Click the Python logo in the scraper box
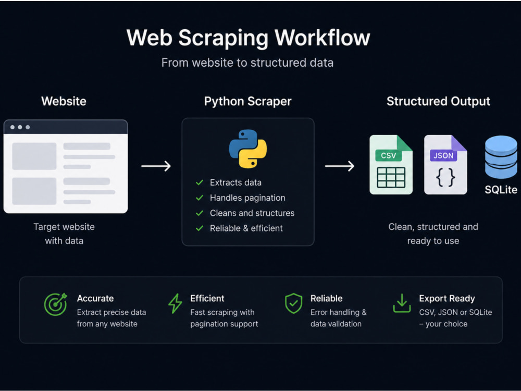point(248,149)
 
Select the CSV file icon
point(391,165)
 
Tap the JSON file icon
point(445,165)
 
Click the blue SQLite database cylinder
point(501,157)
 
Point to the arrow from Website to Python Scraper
point(156,166)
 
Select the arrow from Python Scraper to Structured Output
point(340,166)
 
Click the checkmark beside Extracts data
point(200,182)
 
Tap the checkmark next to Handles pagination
point(200,198)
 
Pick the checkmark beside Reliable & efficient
point(200,228)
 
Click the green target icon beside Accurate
point(56,304)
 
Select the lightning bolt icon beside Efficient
point(175,303)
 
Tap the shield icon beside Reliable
point(294,303)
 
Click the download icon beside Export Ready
point(402,303)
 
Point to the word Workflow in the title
point(322,38)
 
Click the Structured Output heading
point(438,101)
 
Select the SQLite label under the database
point(501,190)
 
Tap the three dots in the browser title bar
point(20,127)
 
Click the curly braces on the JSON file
point(445,177)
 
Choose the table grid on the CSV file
point(391,178)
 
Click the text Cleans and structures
point(252,213)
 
